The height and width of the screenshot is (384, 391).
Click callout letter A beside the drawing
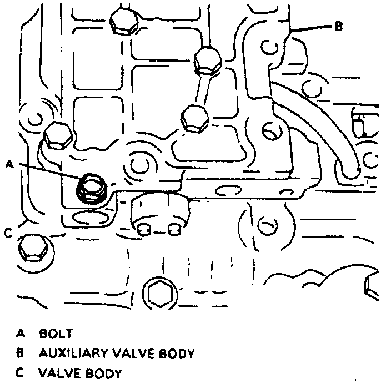[9, 164]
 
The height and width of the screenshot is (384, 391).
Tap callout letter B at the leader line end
[339, 26]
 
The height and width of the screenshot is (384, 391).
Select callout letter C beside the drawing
[8, 233]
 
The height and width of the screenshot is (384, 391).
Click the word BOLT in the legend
[56, 334]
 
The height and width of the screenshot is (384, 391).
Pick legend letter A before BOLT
[21, 334]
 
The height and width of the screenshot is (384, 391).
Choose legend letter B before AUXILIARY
[21, 353]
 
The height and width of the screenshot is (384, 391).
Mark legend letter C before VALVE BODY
[21, 373]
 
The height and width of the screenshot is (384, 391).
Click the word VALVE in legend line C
[59, 373]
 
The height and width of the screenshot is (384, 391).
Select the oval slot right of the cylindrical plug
[227, 191]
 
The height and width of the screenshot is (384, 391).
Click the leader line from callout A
[50, 170]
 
